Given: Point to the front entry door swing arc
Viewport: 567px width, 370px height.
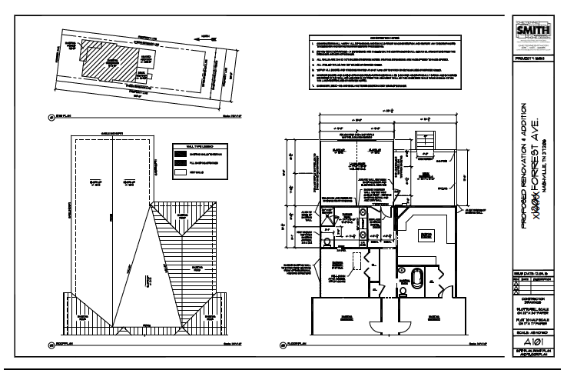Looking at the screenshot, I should point(398,308).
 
